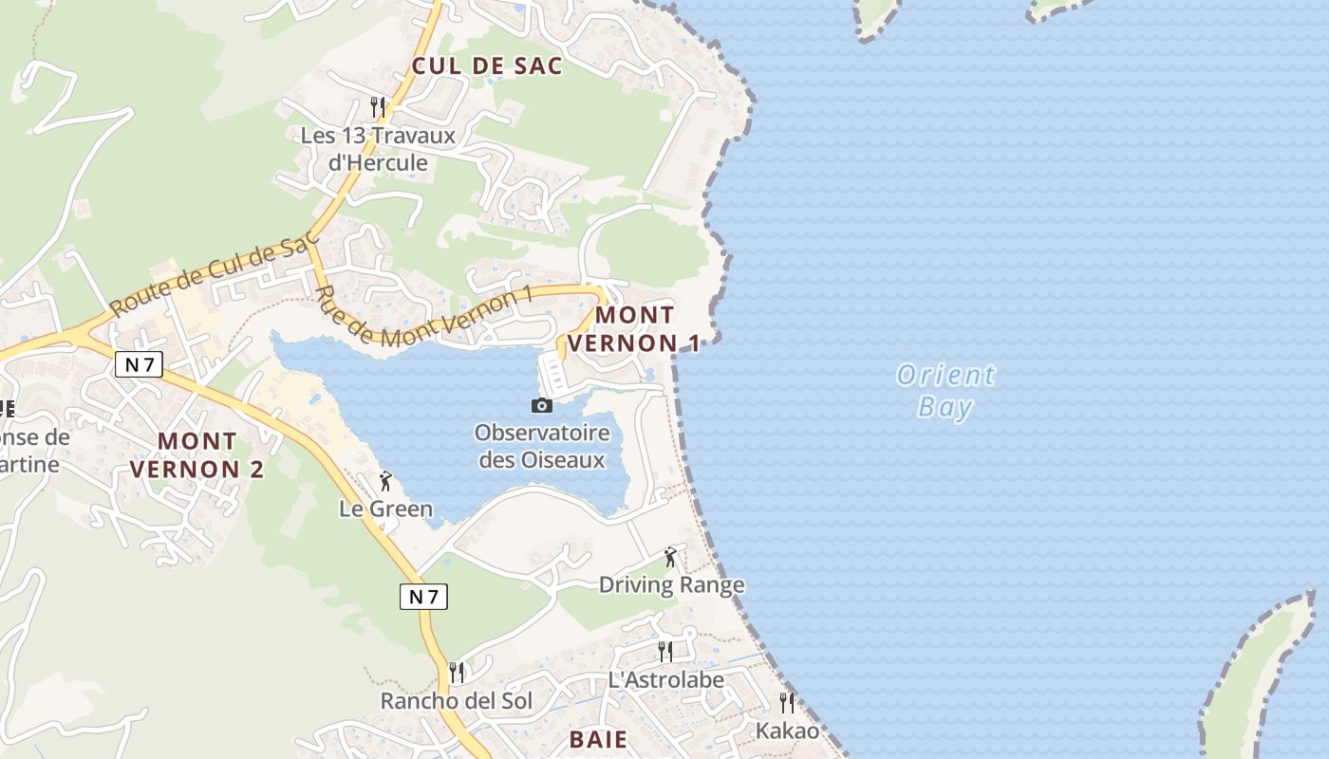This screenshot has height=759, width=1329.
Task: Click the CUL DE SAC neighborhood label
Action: click(487, 65)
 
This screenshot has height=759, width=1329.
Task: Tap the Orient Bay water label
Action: click(946, 391)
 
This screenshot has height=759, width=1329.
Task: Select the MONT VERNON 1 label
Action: click(634, 328)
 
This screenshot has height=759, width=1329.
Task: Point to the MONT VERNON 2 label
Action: click(197, 454)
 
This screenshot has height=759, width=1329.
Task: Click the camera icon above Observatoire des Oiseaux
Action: click(541, 405)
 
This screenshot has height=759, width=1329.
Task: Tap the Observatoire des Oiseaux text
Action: click(541, 446)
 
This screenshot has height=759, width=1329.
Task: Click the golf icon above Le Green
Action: click(385, 481)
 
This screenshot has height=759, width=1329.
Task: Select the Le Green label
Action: click(385, 509)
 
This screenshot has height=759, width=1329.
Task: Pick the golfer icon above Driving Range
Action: click(671, 557)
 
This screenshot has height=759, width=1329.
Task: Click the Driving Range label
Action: click(671, 584)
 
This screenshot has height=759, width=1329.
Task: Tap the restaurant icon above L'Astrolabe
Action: click(665, 651)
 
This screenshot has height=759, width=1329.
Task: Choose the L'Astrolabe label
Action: click(665, 679)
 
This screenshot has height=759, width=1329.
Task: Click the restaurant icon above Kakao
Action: click(787, 702)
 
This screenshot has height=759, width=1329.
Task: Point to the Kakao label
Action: click(787, 731)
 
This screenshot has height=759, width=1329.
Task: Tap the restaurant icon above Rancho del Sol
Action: click(457, 673)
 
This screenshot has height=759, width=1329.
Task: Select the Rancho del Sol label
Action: click(457, 701)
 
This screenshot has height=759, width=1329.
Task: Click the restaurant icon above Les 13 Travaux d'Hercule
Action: click(378, 106)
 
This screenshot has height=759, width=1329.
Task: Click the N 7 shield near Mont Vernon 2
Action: click(139, 363)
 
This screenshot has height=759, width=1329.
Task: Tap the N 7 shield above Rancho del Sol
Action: click(423, 597)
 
